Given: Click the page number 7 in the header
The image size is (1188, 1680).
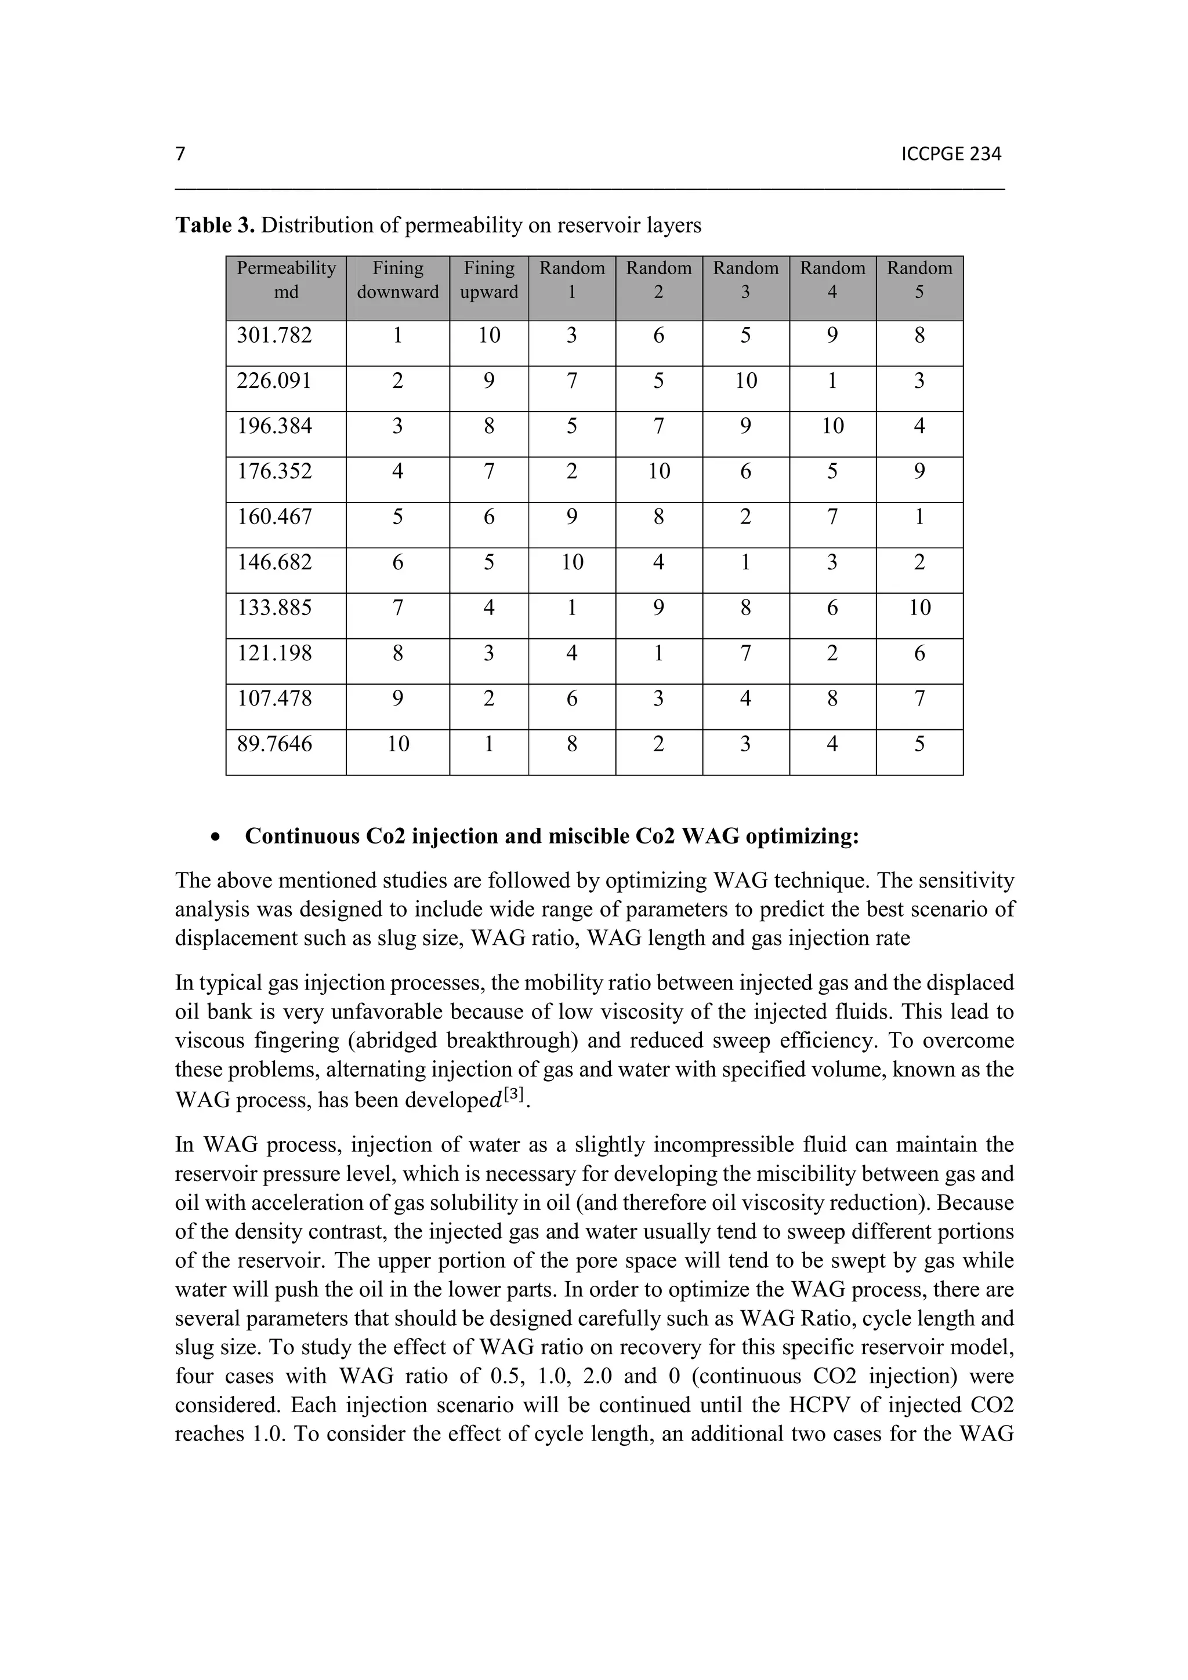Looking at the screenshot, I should click(180, 154).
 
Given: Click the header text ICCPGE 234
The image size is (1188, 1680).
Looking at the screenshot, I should click(951, 154).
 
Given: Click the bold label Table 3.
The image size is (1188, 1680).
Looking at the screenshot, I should click(215, 226).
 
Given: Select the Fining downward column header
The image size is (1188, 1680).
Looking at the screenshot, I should click(397, 280).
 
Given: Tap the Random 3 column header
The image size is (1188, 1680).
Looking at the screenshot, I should click(745, 280).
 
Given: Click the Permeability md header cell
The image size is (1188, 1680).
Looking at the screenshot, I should click(285, 280).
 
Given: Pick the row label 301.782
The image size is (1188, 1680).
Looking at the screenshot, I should click(274, 336).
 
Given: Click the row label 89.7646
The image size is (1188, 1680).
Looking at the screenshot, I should click(274, 744).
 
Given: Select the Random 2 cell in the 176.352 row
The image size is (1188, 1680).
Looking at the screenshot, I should click(659, 471).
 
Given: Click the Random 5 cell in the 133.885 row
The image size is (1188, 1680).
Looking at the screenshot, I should click(919, 608).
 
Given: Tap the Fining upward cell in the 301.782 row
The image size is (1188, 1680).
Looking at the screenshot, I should click(489, 336).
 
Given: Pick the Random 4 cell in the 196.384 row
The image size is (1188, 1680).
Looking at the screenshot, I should click(832, 426).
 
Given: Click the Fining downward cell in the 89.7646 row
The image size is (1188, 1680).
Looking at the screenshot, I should click(397, 744).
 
